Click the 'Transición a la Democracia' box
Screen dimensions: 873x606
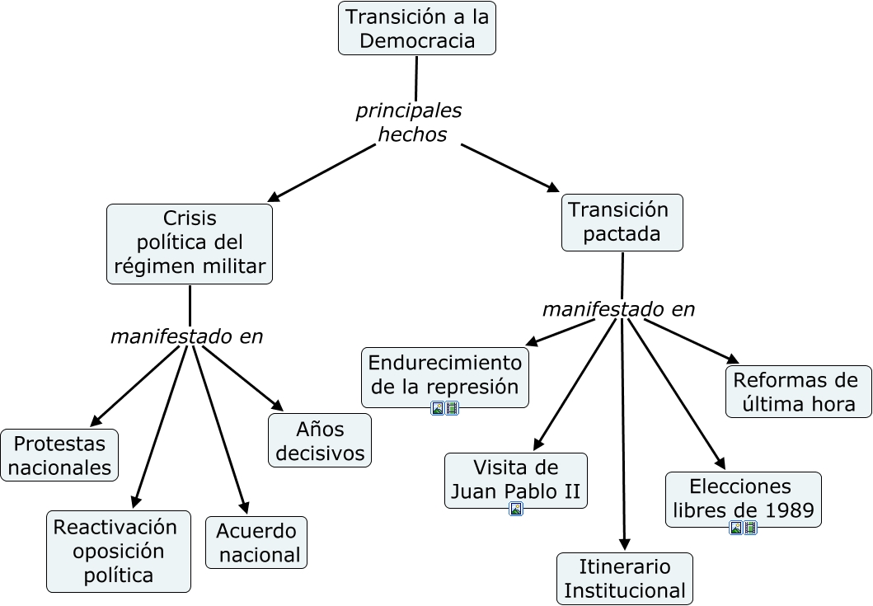click(x=417, y=28)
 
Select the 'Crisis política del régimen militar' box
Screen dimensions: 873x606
click(x=190, y=244)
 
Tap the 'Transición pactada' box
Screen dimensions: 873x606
click(x=622, y=223)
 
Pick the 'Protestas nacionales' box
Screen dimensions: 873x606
click(x=59, y=455)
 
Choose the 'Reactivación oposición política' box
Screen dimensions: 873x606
click(x=119, y=552)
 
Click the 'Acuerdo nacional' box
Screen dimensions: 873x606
click(x=256, y=543)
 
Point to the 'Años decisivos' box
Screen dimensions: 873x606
click(x=320, y=440)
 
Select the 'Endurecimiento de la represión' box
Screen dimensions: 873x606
click(x=445, y=378)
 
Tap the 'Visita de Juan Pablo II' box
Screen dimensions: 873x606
click(x=515, y=481)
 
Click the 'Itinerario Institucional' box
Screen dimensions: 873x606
click(x=625, y=578)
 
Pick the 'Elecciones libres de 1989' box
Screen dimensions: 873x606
click(x=744, y=500)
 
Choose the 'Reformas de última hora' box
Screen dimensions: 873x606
click(x=798, y=392)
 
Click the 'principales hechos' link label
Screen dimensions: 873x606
click(x=409, y=123)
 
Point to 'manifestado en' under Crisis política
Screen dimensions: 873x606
click(x=186, y=336)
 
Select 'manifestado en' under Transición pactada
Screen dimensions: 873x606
click(x=618, y=309)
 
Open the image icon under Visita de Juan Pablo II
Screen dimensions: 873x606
click(x=516, y=509)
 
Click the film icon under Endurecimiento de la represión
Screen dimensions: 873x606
click(x=452, y=409)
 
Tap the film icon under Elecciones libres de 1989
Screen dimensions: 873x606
click(x=750, y=528)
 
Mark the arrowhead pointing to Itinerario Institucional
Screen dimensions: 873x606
click(x=625, y=544)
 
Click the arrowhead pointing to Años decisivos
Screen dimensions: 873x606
click(x=277, y=406)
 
